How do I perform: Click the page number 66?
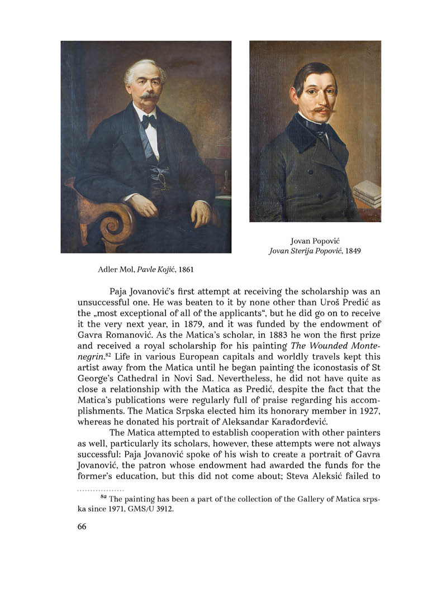82,527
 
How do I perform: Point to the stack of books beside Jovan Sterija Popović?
367,193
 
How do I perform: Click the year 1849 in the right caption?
352,251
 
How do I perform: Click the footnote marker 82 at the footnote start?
103,497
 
